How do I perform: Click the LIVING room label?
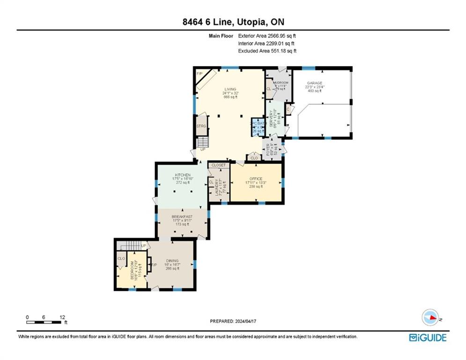tap(230, 89)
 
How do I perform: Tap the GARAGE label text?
tap(315, 83)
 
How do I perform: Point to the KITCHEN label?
tap(182, 175)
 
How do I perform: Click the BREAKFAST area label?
tap(182, 217)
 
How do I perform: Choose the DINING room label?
tap(172, 261)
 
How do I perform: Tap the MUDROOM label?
tap(280, 82)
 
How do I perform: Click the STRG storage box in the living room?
tap(201, 126)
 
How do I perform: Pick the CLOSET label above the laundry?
tap(219, 165)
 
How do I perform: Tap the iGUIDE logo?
tap(427, 337)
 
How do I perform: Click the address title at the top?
tap(233, 22)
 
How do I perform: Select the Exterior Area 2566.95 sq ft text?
tap(267, 36)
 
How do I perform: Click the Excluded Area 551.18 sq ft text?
tap(267, 51)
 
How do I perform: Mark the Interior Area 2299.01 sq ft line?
tap(267, 43)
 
